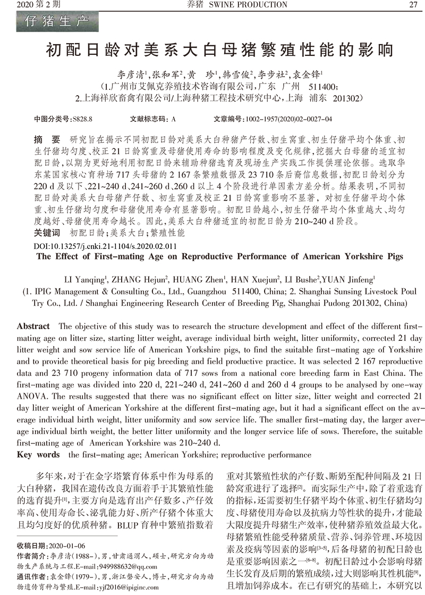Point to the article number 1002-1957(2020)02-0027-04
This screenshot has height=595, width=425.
[287, 119]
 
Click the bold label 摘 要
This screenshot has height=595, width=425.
[46, 139]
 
